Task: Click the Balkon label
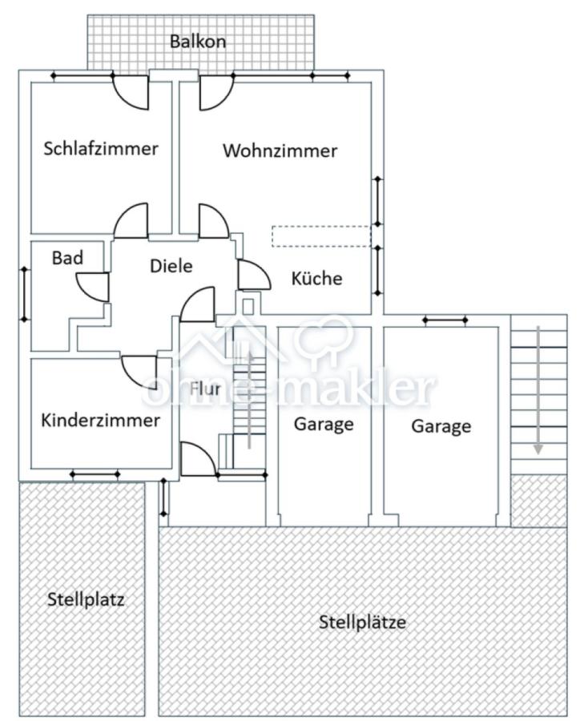coord(197,42)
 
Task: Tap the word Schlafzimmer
coord(101,148)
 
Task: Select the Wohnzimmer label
coord(280,151)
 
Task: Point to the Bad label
coord(67,258)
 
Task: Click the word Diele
coord(171,266)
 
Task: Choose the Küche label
coord(316,279)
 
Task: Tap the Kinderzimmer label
coord(100,420)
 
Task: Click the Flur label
coord(206,389)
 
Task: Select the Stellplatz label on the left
coord(86,598)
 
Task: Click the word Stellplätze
coord(362,622)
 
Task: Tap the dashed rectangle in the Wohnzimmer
coord(321,236)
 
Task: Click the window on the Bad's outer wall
coord(24,294)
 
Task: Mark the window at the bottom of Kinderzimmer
coord(95,474)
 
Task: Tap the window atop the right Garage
coord(445,321)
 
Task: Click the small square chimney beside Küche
coord(248,305)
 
